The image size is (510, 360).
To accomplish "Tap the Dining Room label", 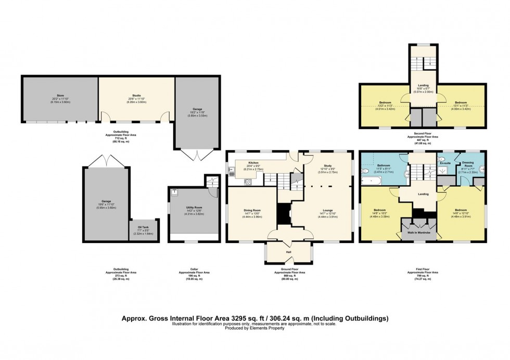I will point(251,210).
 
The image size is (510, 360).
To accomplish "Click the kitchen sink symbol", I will point(230,170).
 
